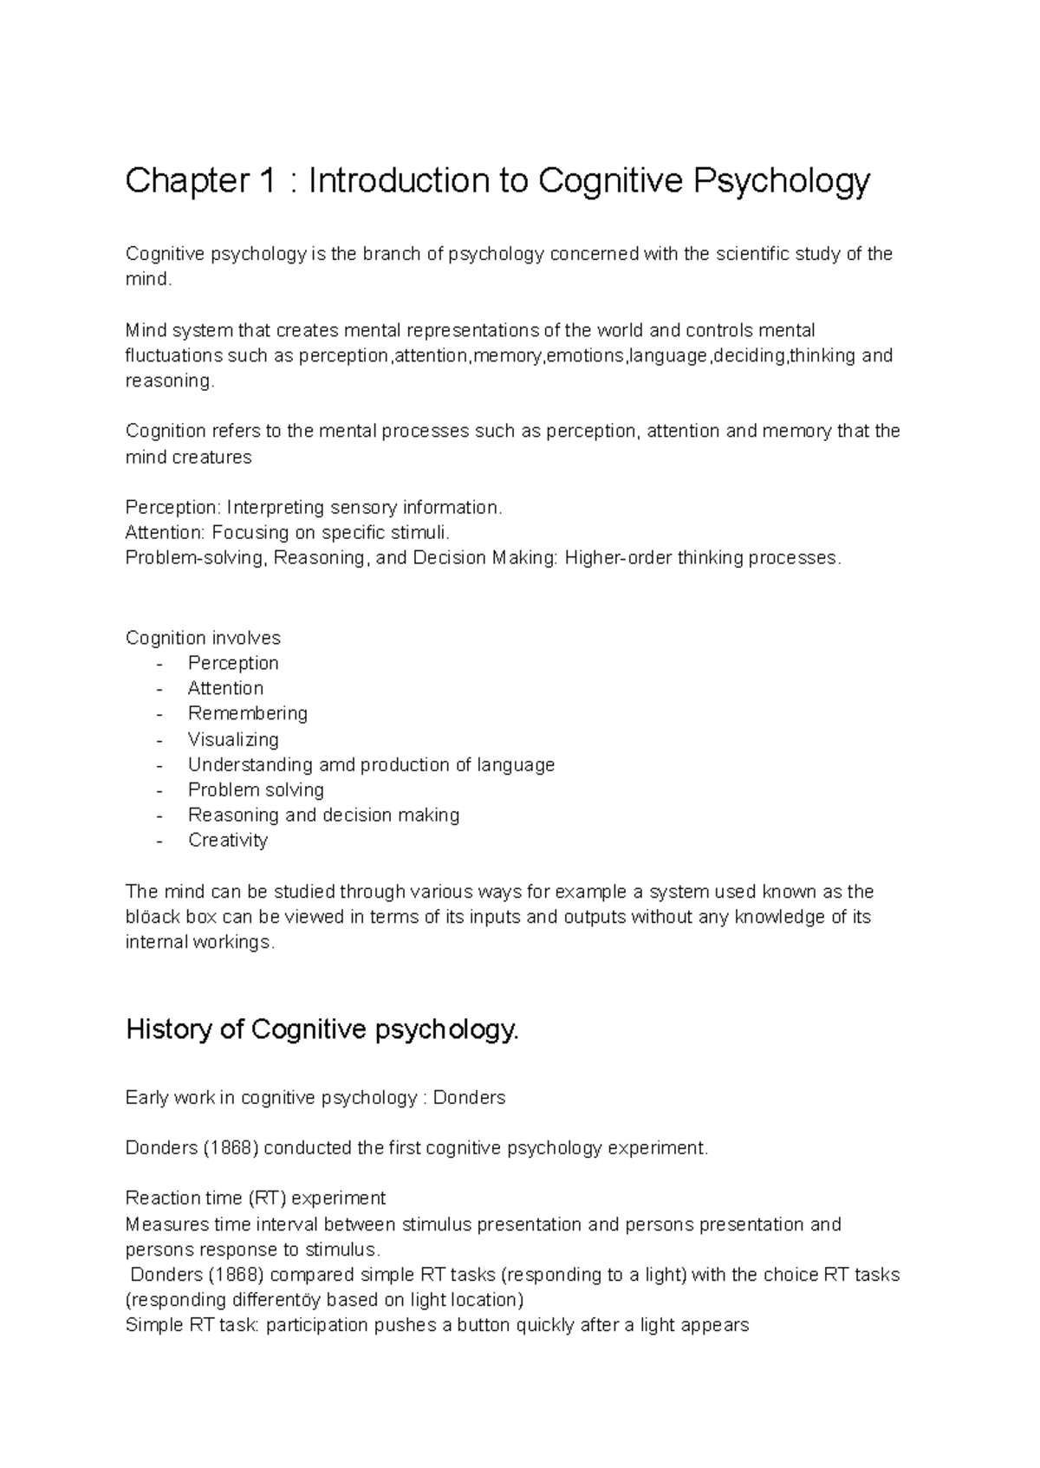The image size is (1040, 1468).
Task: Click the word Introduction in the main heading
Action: point(398,181)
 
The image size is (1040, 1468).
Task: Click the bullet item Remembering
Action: point(248,713)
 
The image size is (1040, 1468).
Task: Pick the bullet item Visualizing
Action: point(233,739)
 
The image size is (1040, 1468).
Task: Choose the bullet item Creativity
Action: point(228,840)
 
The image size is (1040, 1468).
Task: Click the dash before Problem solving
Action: point(159,789)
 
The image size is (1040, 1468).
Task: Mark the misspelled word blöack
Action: point(153,917)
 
